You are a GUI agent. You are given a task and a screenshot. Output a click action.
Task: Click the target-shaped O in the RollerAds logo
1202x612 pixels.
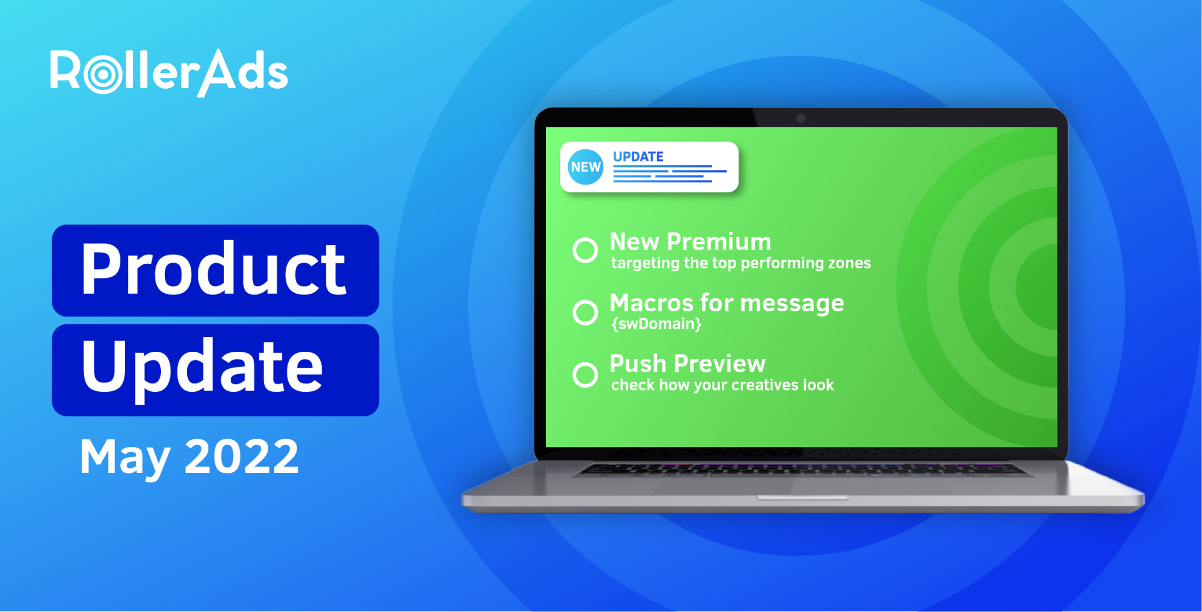pyautogui.click(x=103, y=74)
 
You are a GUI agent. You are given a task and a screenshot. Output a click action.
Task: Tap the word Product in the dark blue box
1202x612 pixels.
pyautogui.click(x=214, y=270)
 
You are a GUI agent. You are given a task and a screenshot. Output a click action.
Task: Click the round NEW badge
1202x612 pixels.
pyautogui.click(x=586, y=167)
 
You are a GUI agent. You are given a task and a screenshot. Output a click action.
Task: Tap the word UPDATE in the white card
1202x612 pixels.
pyautogui.click(x=638, y=157)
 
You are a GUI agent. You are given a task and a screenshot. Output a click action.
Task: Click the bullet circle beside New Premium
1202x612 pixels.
pyautogui.click(x=585, y=250)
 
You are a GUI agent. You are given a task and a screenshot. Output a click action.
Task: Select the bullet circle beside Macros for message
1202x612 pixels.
pyautogui.click(x=585, y=312)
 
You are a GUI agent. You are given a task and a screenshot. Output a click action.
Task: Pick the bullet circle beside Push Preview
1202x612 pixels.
pyautogui.click(x=585, y=375)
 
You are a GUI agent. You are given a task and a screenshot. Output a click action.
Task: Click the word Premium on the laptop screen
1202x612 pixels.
pyautogui.click(x=719, y=242)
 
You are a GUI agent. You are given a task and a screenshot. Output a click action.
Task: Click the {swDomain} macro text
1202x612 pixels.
pyautogui.click(x=656, y=324)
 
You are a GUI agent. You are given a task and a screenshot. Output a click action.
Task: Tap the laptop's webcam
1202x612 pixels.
pyautogui.click(x=801, y=119)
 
